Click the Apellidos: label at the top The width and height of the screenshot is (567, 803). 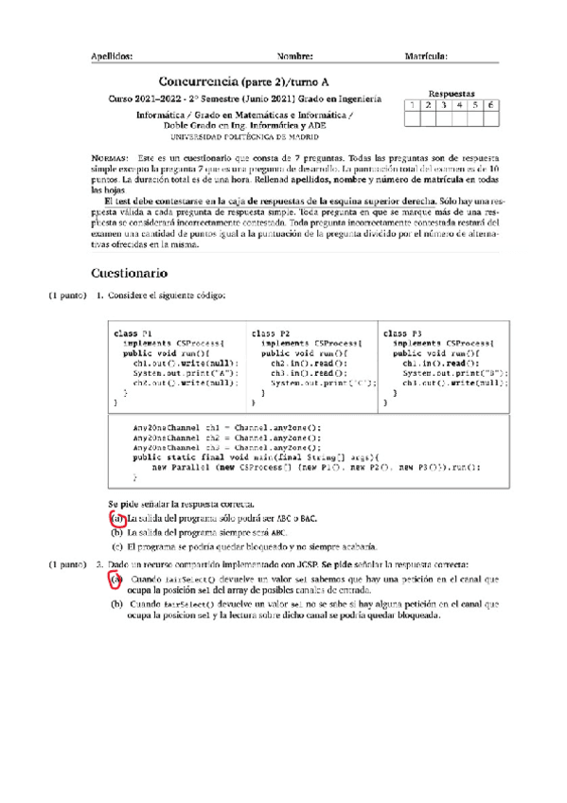tap(111, 56)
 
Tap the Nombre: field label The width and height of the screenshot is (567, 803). tap(294, 56)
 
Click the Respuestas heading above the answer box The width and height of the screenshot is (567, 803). tap(452, 94)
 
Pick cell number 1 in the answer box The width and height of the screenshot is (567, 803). tap(412, 105)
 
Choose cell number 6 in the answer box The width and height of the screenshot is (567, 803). tap(491, 105)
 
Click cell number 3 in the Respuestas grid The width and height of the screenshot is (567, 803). tap(444, 105)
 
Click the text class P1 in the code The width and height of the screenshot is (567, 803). tap(133, 334)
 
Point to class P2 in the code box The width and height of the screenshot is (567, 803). tap(270, 334)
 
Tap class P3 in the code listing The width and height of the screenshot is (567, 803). tap(403, 334)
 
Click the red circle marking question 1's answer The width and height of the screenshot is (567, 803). tap(117, 519)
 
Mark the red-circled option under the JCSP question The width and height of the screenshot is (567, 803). tap(115, 579)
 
